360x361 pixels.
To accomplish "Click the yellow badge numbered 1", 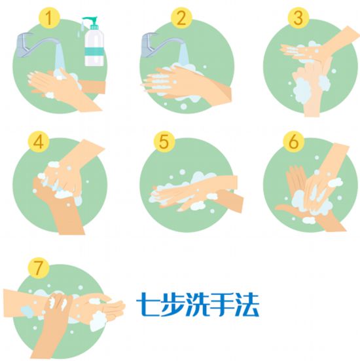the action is pyautogui.click(x=49, y=18).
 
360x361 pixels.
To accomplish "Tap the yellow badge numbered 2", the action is pyautogui.click(x=181, y=18).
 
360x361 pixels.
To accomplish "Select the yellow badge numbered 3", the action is pyautogui.click(x=298, y=18).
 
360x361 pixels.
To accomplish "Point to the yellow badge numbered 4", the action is pyautogui.click(x=39, y=142).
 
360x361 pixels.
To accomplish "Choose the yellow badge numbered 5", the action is pyautogui.click(x=164, y=142).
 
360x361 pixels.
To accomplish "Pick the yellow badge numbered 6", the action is pyautogui.click(x=293, y=142).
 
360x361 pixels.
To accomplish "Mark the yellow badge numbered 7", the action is pyautogui.click(x=39, y=268).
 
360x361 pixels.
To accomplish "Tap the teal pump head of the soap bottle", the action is pyautogui.click(x=90, y=22).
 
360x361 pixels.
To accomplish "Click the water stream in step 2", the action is pyautogui.click(x=184, y=55).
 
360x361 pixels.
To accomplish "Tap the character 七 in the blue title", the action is pyautogui.click(x=148, y=304).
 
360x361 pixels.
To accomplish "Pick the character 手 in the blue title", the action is pyautogui.click(x=222, y=304).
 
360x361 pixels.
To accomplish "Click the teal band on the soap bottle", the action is pyautogui.click(x=94, y=51).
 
